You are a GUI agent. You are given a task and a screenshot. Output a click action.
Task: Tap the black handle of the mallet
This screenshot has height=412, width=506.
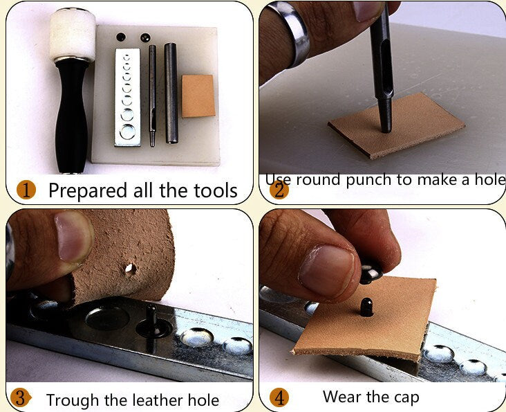[73, 118]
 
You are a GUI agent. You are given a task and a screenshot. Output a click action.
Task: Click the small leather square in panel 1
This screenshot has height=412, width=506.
[198, 96]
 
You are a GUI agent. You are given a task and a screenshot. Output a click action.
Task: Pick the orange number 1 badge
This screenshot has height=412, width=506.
[26, 189]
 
